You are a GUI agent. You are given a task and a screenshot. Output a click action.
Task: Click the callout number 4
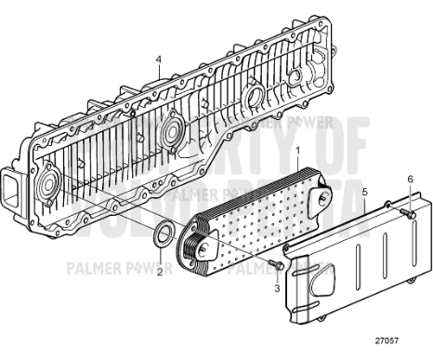pyautogui.click(x=159, y=59)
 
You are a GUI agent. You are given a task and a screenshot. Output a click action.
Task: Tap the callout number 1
pyautogui.click(x=296, y=150)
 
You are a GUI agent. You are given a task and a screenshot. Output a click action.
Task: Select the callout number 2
pyautogui.click(x=159, y=272)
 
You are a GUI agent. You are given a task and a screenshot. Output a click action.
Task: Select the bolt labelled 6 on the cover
pyautogui.click(x=408, y=216)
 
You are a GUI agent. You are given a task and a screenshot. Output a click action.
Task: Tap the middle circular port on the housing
pyautogui.click(x=170, y=130)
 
